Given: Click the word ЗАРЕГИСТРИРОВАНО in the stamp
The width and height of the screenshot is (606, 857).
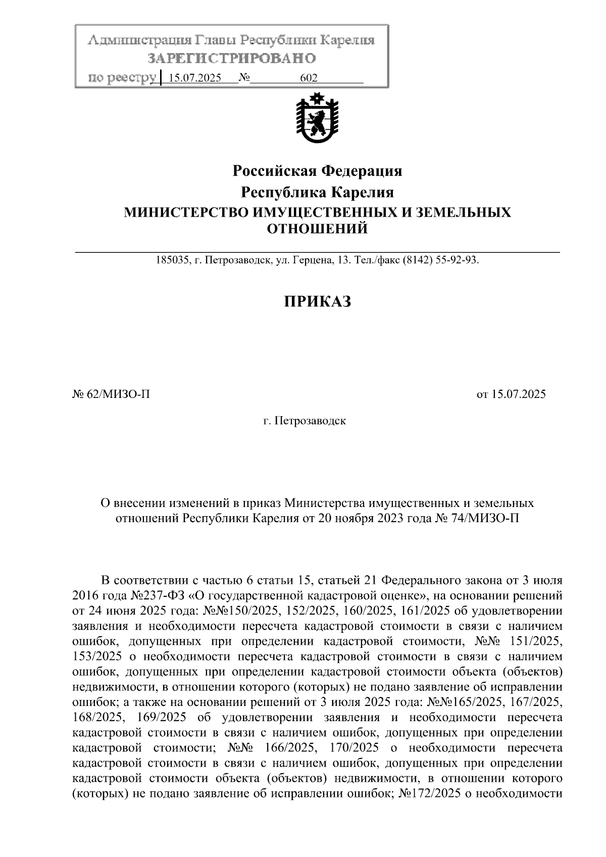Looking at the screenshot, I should point(231,59).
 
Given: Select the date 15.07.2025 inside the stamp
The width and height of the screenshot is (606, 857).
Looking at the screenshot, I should point(194,78).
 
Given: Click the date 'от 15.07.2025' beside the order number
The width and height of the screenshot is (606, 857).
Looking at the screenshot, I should point(511,394).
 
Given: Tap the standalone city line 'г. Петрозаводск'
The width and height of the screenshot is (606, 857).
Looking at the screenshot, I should point(305,420).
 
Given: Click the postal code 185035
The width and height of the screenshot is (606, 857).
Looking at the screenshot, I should point(172,261).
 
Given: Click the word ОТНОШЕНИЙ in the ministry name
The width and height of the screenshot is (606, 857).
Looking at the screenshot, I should point(317,229).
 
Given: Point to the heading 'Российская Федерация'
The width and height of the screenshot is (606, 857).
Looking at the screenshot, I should point(317,171).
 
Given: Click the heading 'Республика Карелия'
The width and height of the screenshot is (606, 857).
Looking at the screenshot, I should point(317,192).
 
